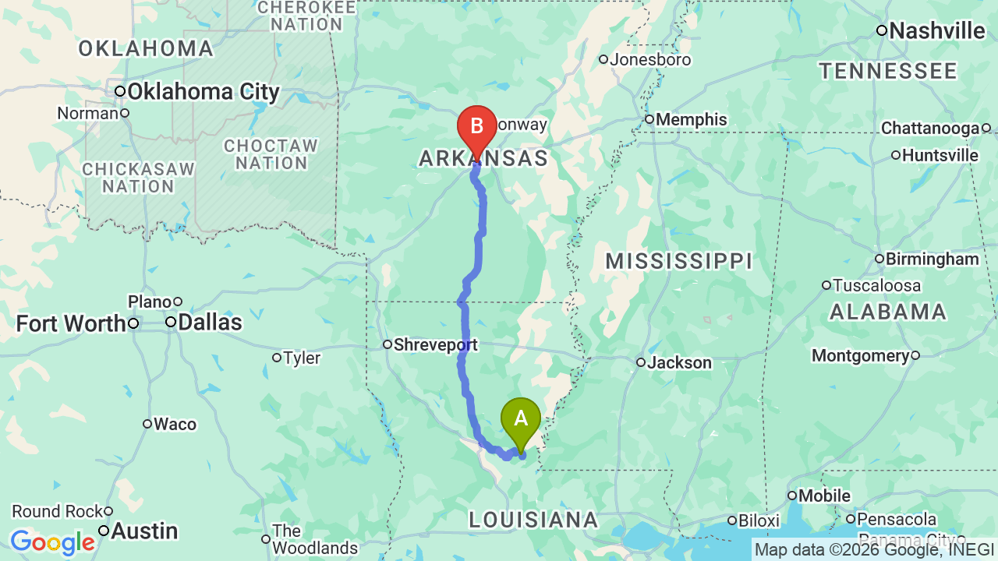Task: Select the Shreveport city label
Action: (435, 344)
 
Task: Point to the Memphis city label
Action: (691, 120)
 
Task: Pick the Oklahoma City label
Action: (203, 92)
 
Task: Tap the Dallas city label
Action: (210, 323)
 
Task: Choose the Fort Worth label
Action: (71, 323)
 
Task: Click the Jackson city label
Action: (679, 362)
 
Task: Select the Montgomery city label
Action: (861, 356)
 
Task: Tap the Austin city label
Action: (144, 531)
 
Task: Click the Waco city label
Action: (175, 424)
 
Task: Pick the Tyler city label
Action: (302, 358)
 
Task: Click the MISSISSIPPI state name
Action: (678, 261)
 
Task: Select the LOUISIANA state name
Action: (533, 520)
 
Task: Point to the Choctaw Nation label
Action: (271, 154)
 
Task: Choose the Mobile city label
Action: (825, 496)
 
